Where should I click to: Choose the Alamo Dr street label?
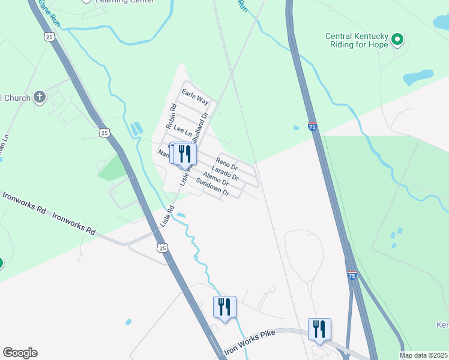coord(215,178)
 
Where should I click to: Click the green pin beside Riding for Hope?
coord(397,40)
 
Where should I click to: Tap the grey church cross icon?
coord(40,97)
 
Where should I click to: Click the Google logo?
coord(20,353)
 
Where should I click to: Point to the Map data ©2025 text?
coord(424,355)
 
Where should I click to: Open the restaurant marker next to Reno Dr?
coord(184,154)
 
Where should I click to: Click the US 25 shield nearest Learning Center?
coord(49,37)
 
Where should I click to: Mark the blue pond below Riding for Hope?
coord(418,77)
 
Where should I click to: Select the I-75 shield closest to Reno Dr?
coord(312,127)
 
